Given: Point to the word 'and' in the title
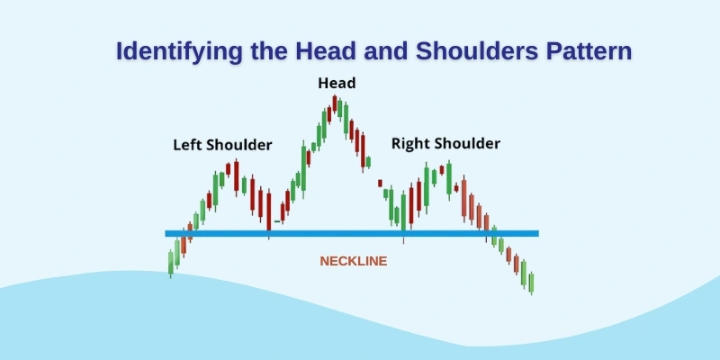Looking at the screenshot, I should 382,50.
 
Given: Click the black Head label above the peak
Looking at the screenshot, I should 337,84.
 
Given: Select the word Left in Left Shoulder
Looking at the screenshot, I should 187,144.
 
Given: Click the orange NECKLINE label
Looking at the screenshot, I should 354,261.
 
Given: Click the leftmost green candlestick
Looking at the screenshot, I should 171,262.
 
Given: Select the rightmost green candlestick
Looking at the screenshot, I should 532,283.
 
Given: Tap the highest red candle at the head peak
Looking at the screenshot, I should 334,103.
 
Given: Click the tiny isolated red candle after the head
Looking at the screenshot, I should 380,183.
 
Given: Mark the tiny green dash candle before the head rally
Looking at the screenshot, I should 276,220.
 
